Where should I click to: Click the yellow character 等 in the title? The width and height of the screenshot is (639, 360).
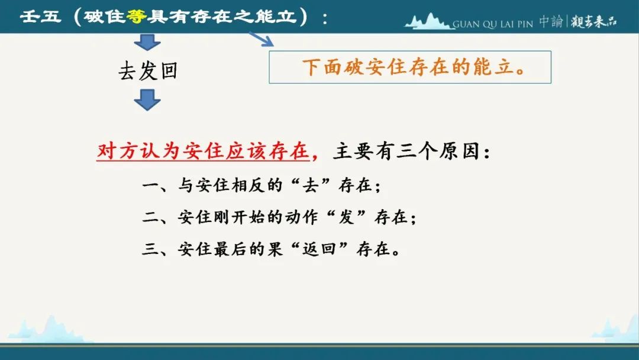(x=136, y=17)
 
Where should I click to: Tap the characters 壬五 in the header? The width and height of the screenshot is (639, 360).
(x=40, y=17)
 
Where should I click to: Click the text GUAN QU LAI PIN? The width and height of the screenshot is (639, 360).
(x=493, y=24)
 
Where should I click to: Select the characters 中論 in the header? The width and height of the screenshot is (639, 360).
(x=551, y=21)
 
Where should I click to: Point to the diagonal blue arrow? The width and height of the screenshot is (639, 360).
(x=262, y=39)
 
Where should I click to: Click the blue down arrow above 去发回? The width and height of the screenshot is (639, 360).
(x=147, y=42)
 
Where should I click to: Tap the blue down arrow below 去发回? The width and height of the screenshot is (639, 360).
(x=147, y=100)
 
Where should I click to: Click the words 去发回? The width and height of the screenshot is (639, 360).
(x=148, y=71)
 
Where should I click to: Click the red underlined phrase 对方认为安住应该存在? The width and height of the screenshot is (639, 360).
(x=203, y=151)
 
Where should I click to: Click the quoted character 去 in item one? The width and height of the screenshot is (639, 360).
(x=311, y=185)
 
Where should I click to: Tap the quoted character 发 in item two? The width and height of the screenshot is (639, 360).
(x=346, y=217)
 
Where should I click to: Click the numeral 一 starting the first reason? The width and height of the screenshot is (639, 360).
(x=150, y=186)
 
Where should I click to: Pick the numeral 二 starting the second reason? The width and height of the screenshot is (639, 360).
(x=150, y=217)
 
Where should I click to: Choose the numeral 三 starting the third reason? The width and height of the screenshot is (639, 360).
(x=150, y=249)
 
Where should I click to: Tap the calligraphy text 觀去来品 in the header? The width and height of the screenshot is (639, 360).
(x=594, y=21)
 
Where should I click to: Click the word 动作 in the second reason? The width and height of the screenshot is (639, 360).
(x=301, y=217)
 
